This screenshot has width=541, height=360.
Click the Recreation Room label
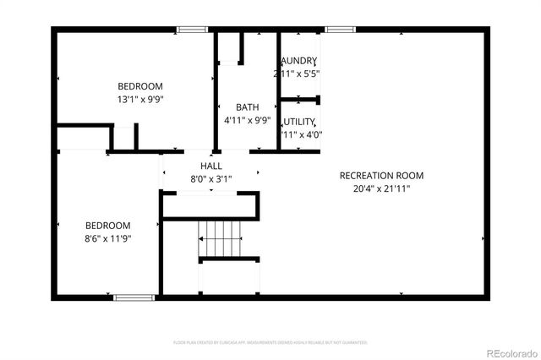pyautogui.click(x=381, y=176)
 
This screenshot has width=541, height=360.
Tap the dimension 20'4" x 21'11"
pyautogui.click(x=381, y=188)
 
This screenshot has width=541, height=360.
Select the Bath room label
pyautogui.click(x=247, y=107)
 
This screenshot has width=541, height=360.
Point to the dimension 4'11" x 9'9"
pyautogui.click(x=247, y=120)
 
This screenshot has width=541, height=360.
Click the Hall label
pyautogui.click(x=211, y=166)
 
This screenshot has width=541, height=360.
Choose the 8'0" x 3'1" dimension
pyautogui.click(x=211, y=178)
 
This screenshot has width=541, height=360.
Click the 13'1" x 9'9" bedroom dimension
pyautogui.click(x=140, y=99)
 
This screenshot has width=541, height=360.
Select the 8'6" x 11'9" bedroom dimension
pyautogui.click(x=108, y=238)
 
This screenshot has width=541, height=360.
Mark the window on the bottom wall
pyautogui.click(x=134, y=297)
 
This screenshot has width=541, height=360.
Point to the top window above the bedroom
pyautogui.click(x=192, y=30)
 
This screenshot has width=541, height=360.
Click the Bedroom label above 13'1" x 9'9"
pyautogui.click(x=140, y=86)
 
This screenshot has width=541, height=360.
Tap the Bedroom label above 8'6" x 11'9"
pyautogui.click(x=108, y=226)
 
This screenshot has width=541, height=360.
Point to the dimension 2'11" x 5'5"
pyautogui.click(x=297, y=74)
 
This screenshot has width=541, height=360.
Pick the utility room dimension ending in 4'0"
pyautogui.click(x=301, y=134)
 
